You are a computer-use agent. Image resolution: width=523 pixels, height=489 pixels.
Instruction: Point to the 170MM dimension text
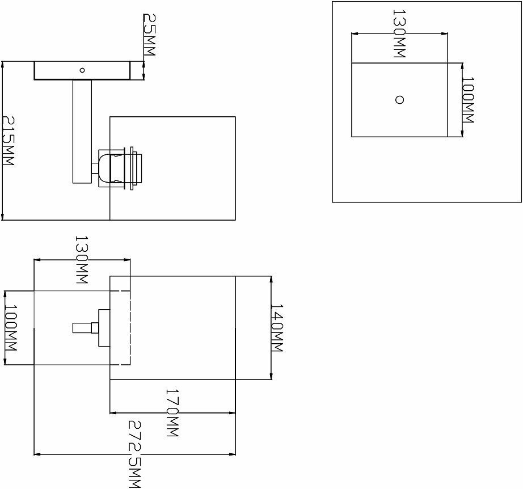pyautogui.click(x=172, y=412)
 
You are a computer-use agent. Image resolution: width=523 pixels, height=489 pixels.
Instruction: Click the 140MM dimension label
pyautogui.click(x=276, y=328)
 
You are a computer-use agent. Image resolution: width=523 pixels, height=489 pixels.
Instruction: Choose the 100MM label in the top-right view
pyautogui.click(x=468, y=100)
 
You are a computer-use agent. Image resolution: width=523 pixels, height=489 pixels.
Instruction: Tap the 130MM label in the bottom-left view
pyautogui.click(x=82, y=260)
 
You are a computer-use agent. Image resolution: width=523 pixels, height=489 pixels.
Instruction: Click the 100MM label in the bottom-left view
pyautogui.click(x=10, y=328)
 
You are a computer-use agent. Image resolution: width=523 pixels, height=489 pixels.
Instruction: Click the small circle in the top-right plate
pyautogui.click(x=399, y=100)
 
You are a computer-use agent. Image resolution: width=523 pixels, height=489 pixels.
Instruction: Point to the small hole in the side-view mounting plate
pyautogui.click(x=82, y=70)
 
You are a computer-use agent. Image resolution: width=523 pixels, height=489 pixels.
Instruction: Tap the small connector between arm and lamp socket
pyautogui.click(x=94, y=168)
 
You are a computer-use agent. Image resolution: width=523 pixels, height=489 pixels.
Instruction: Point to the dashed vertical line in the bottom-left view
pyautogui.click(x=130, y=328)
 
